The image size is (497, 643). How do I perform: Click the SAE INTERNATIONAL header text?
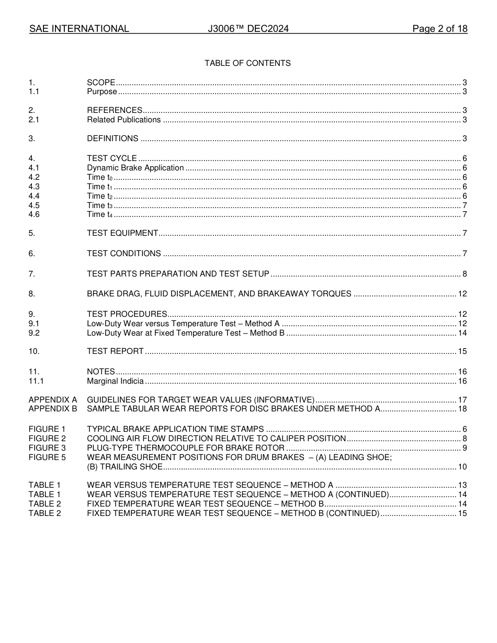[x=79, y=29]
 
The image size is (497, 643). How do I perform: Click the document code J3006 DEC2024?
[x=248, y=29]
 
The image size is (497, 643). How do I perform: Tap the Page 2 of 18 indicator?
[x=439, y=29]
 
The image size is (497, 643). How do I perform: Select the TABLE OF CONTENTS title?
[x=247, y=63]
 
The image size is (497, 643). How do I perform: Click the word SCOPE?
[x=101, y=83]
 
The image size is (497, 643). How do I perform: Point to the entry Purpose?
[x=102, y=92]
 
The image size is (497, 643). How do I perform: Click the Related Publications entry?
[x=124, y=120]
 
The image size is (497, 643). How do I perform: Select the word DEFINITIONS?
[x=112, y=139]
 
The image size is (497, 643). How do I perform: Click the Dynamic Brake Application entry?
[x=135, y=168]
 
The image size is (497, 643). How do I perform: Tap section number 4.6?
[x=34, y=214]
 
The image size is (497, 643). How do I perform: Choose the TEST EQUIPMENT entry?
[x=122, y=233]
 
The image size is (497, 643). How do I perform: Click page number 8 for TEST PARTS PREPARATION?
[x=465, y=274]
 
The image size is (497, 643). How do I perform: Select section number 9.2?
[x=34, y=333]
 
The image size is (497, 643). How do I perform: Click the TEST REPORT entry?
[x=115, y=351]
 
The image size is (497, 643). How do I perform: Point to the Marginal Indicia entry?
[x=115, y=381]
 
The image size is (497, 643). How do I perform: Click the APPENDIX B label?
[x=53, y=409]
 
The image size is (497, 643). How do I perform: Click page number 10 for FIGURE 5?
[x=462, y=467]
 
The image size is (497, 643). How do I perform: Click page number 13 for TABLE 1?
[x=462, y=485]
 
